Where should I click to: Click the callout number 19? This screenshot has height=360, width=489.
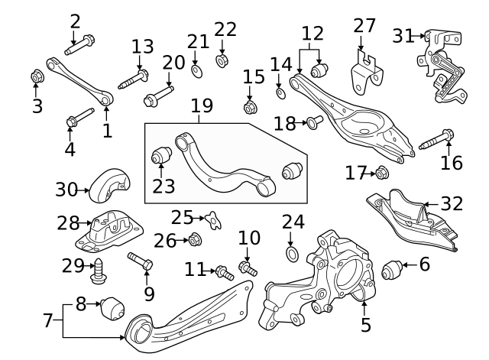click(x=201, y=105)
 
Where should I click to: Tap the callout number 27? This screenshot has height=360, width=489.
click(x=364, y=25)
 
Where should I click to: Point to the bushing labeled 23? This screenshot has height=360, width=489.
click(x=160, y=155)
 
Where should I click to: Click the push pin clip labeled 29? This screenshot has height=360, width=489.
click(x=98, y=268)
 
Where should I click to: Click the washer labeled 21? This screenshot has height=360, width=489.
click(x=196, y=71)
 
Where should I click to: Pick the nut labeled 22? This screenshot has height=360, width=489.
click(x=222, y=59)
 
